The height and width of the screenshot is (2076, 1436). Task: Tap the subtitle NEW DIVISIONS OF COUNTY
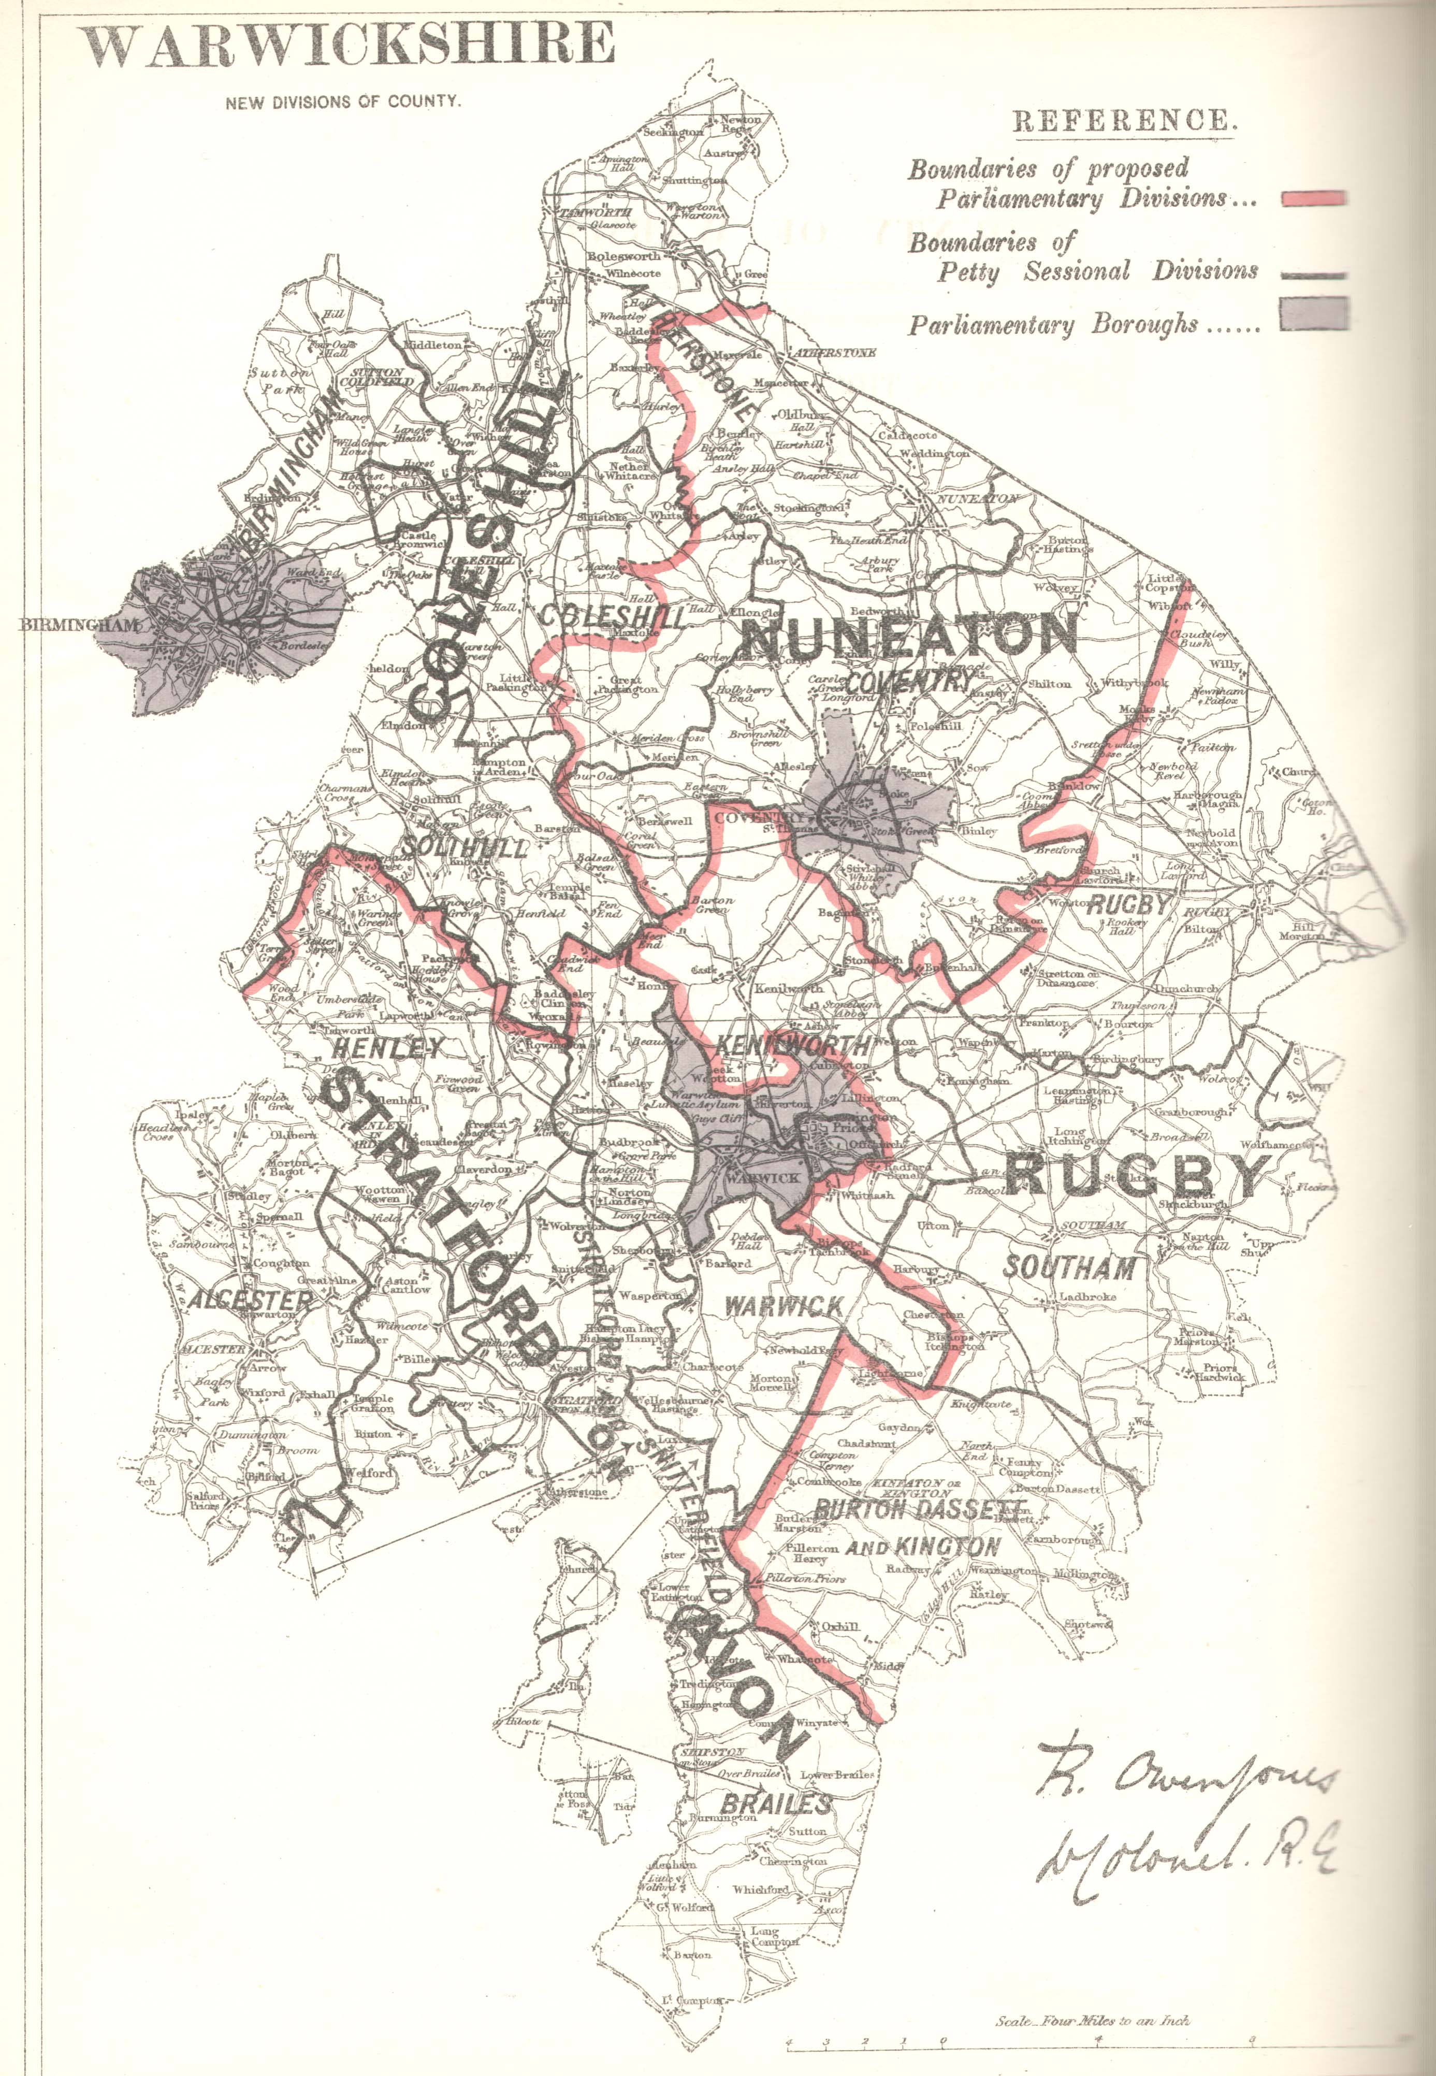click(343, 102)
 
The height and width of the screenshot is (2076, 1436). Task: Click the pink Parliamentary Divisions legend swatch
click(1314, 199)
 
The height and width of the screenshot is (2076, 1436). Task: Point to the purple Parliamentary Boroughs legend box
click(1314, 314)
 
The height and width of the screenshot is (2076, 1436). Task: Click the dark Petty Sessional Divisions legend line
click(1314, 276)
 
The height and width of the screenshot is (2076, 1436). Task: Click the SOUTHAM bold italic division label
click(1069, 1268)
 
